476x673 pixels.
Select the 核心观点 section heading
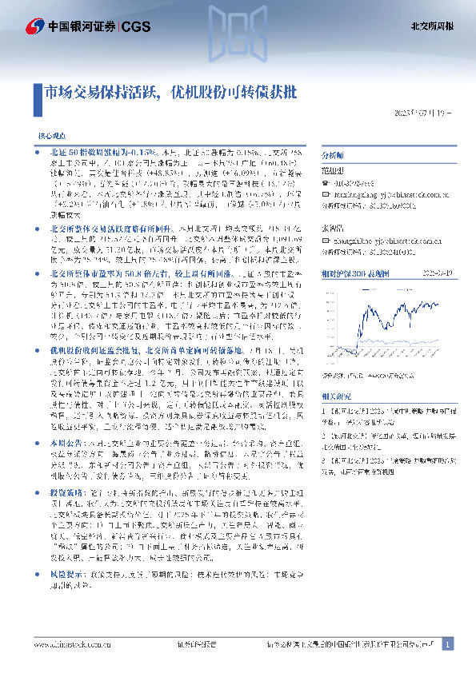coord(53,137)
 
